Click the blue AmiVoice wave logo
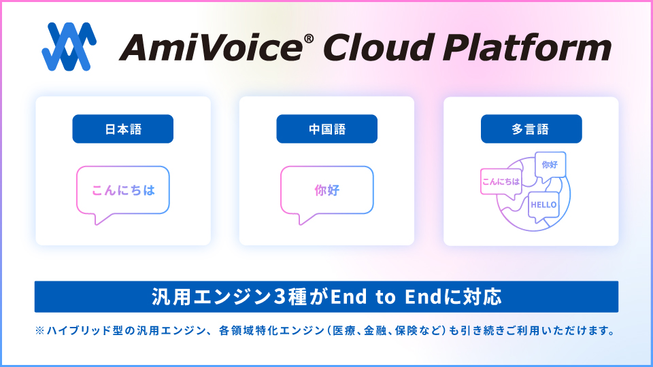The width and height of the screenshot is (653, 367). [x=69, y=48]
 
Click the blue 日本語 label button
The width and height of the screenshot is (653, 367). [x=123, y=129]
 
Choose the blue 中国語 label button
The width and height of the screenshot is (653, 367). [x=326, y=129]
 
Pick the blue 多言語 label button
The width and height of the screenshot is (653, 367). [x=531, y=129]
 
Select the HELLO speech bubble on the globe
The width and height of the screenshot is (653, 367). [x=543, y=205]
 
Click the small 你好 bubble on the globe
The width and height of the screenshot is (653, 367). [x=550, y=165]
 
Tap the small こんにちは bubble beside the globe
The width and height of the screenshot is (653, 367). [x=501, y=181]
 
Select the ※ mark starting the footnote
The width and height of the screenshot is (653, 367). [x=39, y=332]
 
